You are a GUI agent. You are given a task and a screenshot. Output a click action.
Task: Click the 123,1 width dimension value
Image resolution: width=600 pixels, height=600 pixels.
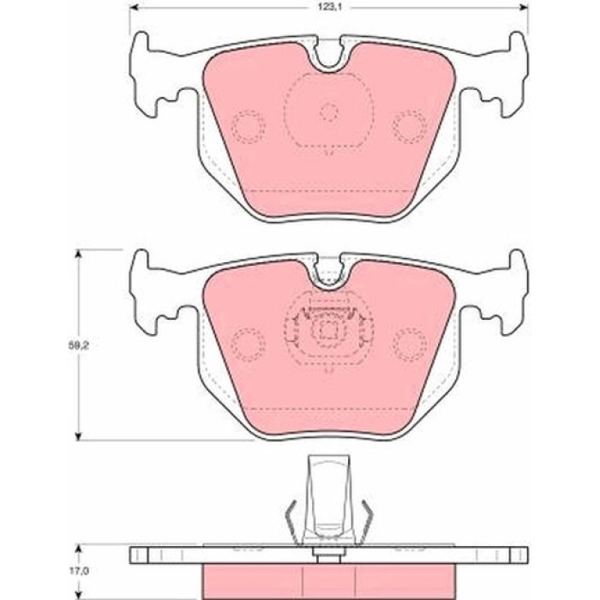tap(328, 7)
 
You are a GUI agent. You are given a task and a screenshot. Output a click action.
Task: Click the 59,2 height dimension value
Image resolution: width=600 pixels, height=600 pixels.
tap(76, 345)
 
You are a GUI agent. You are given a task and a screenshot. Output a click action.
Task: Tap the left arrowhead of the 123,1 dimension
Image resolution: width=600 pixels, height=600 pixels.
tap(133, 7)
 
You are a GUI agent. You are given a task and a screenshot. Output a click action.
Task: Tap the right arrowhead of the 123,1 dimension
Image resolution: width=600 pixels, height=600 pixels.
tap(525, 7)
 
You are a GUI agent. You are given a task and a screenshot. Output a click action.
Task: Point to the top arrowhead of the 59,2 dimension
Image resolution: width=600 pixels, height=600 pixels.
tap(79, 254)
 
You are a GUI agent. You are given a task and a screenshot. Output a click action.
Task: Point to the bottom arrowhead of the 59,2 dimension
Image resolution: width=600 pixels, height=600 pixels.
tap(79, 436)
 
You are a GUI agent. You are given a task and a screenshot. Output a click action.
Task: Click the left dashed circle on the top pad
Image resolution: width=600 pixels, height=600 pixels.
tap(249, 127)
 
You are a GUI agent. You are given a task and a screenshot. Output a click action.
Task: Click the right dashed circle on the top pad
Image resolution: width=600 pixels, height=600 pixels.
tap(409, 127)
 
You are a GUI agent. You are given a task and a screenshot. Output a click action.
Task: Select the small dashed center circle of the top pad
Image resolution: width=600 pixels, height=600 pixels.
tap(328, 112)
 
